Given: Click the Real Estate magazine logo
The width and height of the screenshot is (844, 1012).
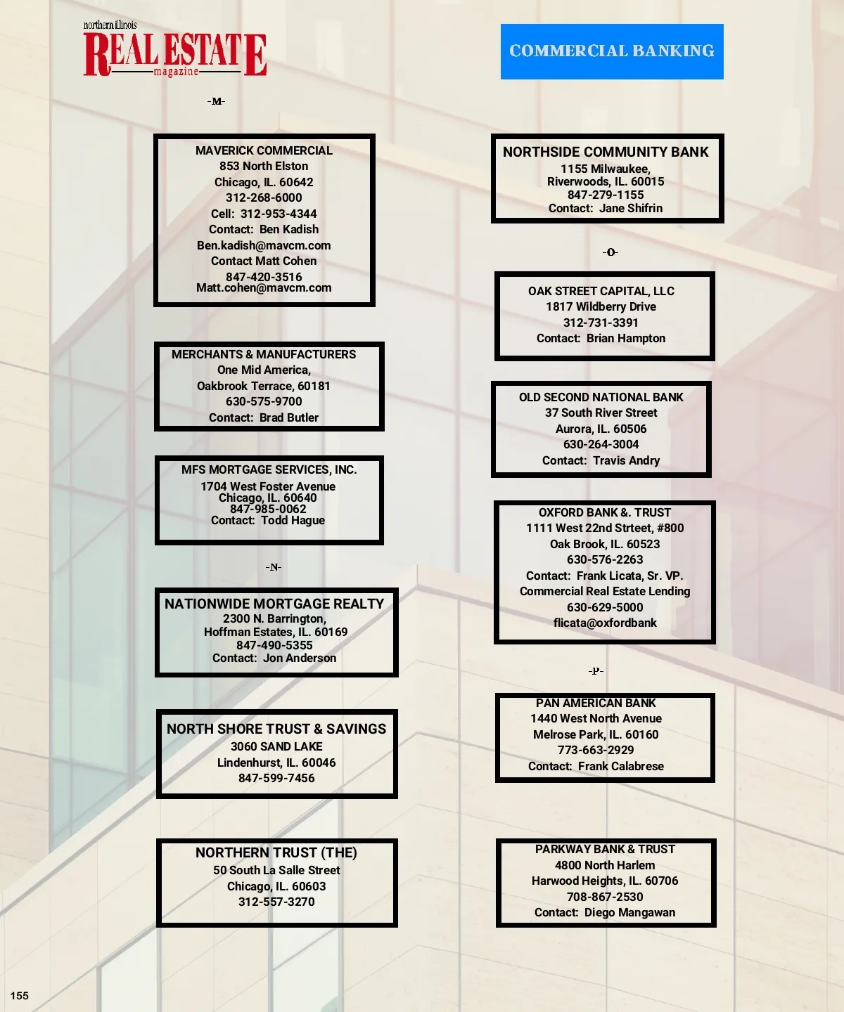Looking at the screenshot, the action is coord(174,49).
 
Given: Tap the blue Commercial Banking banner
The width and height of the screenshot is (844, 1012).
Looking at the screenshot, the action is coord(612,51).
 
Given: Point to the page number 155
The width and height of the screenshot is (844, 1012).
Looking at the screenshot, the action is coord(20,996).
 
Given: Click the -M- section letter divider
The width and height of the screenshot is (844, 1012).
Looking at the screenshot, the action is coord(217,101).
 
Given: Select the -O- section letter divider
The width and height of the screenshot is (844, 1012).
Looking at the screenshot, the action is coord(610,252).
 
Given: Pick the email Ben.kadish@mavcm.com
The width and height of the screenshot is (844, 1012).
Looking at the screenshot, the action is coord(264,245).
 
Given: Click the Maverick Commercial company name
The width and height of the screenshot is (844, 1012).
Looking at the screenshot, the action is coord(264,150).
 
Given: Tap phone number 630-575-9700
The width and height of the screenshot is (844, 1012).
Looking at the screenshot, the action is coord(264,401).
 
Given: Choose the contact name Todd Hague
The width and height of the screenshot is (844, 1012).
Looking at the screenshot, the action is coord(293,520).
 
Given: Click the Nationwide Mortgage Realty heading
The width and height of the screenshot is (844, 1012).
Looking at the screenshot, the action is coord(274,604).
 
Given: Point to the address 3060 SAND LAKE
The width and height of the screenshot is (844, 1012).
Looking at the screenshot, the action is coord(276,746).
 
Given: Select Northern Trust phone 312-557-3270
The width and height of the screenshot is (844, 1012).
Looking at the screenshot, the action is coord(276,902).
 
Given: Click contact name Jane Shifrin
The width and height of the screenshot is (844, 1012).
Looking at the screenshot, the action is coord(631,208).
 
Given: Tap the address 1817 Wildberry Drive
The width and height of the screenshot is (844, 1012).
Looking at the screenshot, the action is coord(601,307).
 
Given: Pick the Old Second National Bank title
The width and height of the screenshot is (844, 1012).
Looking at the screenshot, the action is coord(601,397).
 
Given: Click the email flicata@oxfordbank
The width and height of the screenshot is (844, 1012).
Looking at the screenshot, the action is coord(605,623).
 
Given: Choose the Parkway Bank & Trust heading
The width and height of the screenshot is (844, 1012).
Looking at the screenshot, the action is coord(605,849).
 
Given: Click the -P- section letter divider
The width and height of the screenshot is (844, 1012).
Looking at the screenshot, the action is coord(596,670).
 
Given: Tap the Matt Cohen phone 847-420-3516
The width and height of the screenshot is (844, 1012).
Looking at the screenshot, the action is coord(264,277).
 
